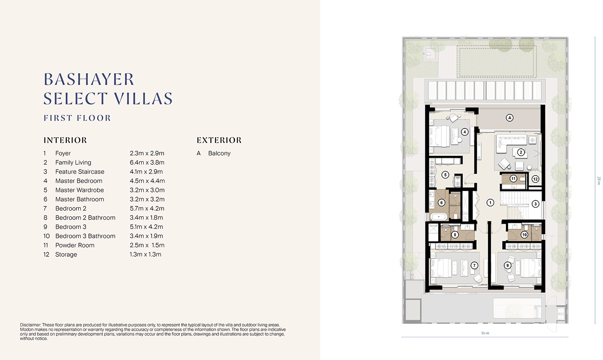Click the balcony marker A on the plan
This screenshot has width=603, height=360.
click(x=509, y=118)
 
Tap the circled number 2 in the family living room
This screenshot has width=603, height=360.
click(x=521, y=152)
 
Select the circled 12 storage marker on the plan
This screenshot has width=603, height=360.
click(x=535, y=179)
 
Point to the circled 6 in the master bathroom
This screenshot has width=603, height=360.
click(x=441, y=203)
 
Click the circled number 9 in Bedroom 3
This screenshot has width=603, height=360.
click(x=507, y=266)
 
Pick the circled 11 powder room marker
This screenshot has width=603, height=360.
click(x=513, y=179)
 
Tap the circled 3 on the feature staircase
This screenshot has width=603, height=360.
click(x=535, y=204)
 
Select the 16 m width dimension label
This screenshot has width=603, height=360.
click(x=485, y=333)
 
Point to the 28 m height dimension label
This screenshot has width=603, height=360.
click(x=599, y=180)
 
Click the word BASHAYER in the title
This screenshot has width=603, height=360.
click(x=89, y=79)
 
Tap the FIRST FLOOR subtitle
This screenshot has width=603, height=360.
click(x=77, y=118)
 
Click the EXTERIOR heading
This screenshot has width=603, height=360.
click(x=219, y=140)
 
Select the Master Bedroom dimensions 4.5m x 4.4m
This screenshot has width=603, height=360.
click(x=147, y=181)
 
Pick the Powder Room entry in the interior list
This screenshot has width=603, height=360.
click(x=75, y=245)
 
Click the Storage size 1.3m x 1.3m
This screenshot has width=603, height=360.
click(x=145, y=254)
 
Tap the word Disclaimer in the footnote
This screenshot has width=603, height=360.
click(x=30, y=325)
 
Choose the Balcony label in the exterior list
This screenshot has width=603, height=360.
click(x=219, y=153)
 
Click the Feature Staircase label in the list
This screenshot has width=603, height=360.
click(x=80, y=172)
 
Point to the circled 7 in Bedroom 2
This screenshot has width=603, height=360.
click(x=474, y=266)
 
